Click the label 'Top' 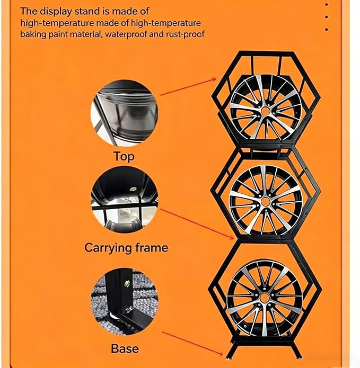(124, 157)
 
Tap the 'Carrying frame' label (126, 248)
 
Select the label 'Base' (125, 349)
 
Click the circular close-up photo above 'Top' (124, 113)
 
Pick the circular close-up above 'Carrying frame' (124, 200)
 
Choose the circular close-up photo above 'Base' (124, 302)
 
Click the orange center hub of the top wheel (265, 110)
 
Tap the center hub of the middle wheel (265, 201)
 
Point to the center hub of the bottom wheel (264, 298)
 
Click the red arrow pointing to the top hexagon (188, 87)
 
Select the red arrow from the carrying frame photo (197, 224)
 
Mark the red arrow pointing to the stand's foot (192, 344)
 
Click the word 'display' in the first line (55, 11)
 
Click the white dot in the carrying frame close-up (133, 189)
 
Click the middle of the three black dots (327, 17)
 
